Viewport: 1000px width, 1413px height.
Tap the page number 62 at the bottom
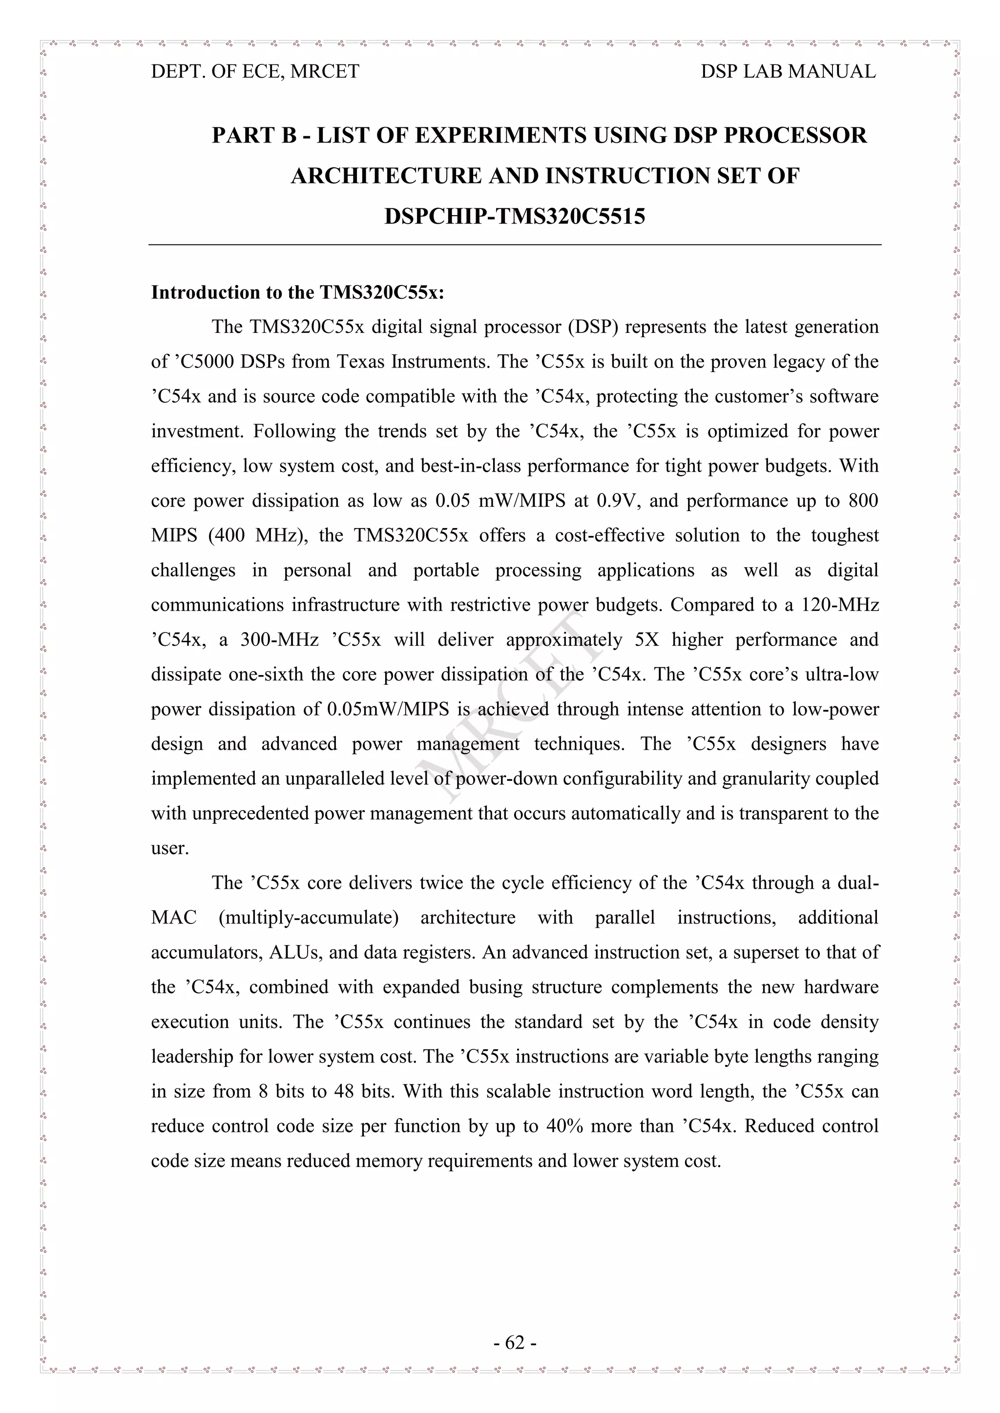point(515,1342)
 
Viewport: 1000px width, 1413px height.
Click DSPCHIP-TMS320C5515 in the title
point(514,217)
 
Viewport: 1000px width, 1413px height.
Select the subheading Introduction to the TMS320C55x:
point(297,292)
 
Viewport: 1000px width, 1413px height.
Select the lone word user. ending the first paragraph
point(170,849)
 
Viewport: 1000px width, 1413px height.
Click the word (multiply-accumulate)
point(309,918)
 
